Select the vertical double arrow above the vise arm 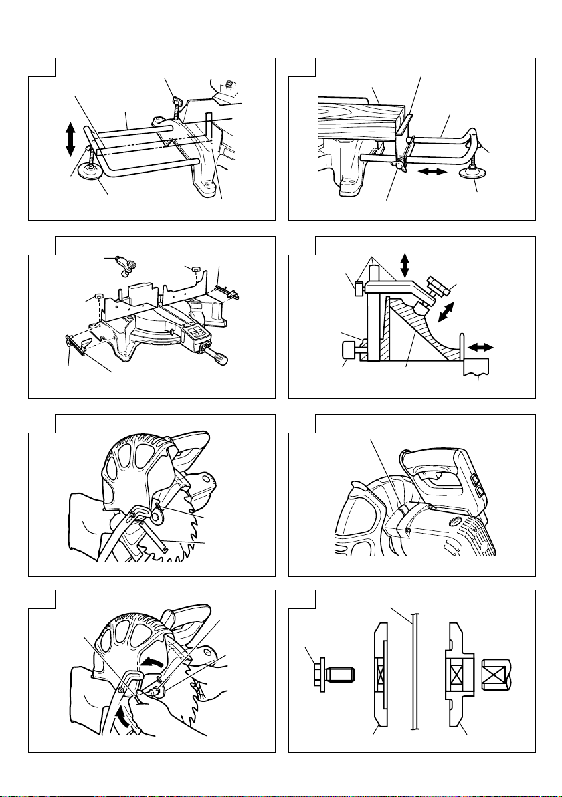[404, 265]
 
